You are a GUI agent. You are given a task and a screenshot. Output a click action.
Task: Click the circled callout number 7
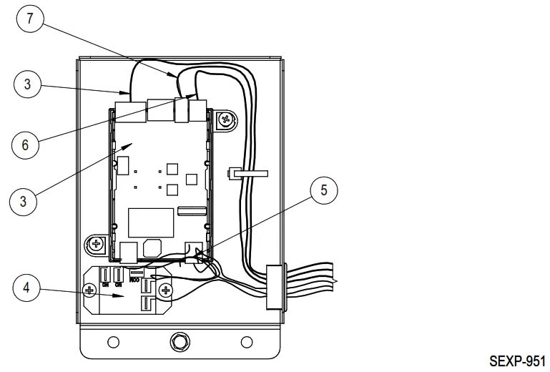[29, 19]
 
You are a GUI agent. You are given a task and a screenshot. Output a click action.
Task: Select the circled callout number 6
[25, 145]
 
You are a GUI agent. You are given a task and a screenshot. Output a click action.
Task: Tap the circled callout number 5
[323, 190]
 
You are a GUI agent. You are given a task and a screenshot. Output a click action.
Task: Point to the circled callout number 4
[26, 288]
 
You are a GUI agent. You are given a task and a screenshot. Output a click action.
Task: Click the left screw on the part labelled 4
[90, 290]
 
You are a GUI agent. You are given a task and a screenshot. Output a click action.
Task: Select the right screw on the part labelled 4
[165, 290]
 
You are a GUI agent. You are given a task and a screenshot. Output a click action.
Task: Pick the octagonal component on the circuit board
[152, 247]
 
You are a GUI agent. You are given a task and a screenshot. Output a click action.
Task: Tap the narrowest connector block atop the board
[182, 109]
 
